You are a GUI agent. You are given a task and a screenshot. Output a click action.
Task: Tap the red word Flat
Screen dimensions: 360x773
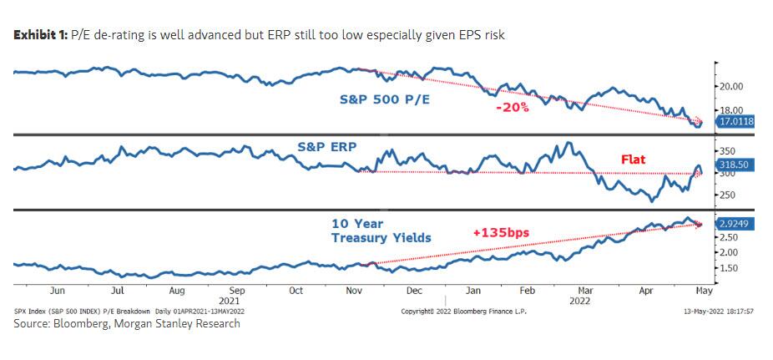pyautogui.click(x=632, y=159)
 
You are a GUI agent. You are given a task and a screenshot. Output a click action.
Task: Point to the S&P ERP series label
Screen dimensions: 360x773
pyautogui.click(x=326, y=146)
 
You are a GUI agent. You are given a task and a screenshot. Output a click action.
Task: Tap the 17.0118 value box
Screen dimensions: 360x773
pyautogui.click(x=735, y=121)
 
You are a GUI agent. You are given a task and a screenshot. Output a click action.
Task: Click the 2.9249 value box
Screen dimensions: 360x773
pyautogui.click(x=735, y=225)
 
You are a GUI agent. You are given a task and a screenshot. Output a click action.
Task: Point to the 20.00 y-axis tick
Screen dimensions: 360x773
pyautogui.click(x=730, y=86)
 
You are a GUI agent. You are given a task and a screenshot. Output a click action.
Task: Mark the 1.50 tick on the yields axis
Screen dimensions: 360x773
pyautogui.click(x=728, y=268)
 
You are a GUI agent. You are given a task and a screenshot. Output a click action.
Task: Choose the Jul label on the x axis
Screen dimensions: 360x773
pyautogui.click(x=118, y=292)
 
